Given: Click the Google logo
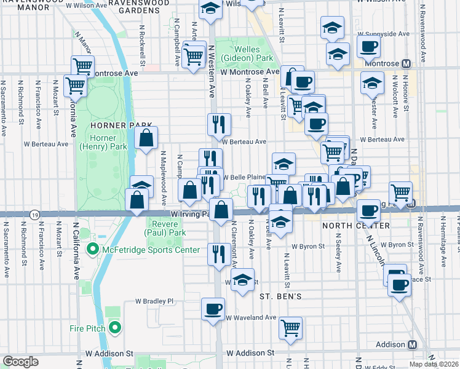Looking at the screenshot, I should (x=20, y=362).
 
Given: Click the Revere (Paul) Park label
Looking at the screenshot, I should (x=165, y=229).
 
